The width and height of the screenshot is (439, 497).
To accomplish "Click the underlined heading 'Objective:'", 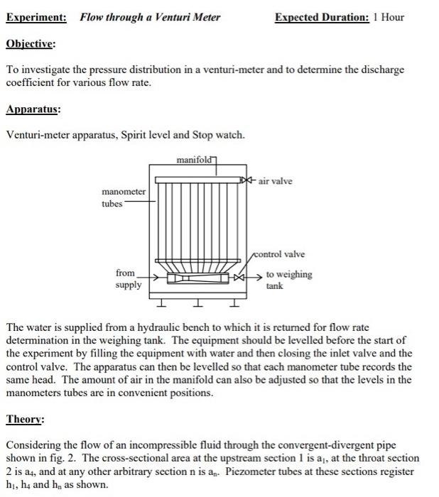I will pos(31,43).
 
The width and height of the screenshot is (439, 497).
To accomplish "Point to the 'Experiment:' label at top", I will pos(36,16).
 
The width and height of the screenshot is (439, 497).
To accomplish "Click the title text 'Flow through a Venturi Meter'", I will pos(150,16).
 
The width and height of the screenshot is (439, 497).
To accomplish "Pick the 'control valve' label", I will pos(280,254).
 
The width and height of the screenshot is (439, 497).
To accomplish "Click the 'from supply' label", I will pos(128,279).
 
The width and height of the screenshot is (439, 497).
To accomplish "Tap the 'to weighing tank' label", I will pos(288,280).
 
